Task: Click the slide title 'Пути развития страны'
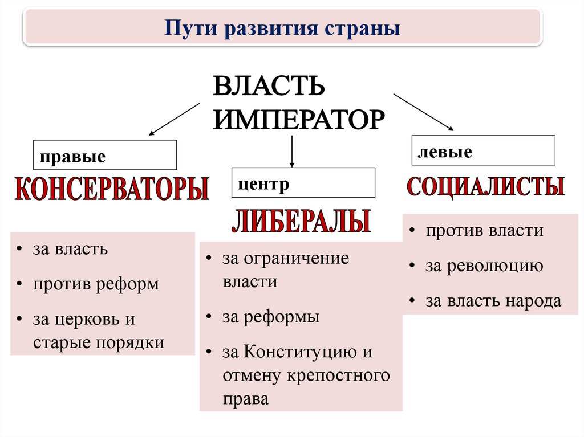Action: tap(282, 28)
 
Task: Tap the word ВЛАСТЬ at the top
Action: tap(269, 85)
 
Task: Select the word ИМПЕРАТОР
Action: tap(299, 120)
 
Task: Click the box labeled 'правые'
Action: tap(105, 155)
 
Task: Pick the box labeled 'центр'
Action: tap(303, 182)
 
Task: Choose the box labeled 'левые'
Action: tap(484, 150)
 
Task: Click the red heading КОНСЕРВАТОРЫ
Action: tap(112, 189)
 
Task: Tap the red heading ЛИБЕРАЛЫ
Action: tap(301, 221)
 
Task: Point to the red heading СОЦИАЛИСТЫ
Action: tap(485, 186)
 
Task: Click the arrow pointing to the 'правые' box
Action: tap(175, 119)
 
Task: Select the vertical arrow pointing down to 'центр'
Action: tap(292, 152)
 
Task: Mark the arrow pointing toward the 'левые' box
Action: tap(424, 112)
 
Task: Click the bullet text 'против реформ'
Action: tap(96, 285)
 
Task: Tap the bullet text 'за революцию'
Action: tap(484, 266)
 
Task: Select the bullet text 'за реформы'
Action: tap(271, 317)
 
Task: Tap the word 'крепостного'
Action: tap(339, 376)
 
